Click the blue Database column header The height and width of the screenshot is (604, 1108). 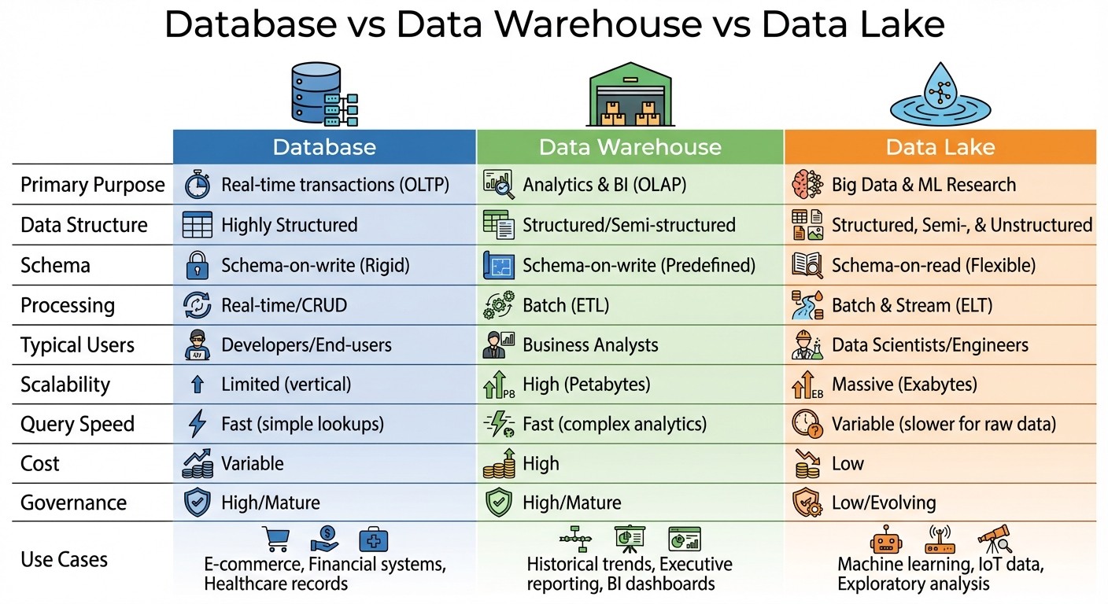324,147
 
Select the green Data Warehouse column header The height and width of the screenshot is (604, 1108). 630,147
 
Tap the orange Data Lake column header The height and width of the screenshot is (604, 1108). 940,147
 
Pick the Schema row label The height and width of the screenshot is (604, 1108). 55,265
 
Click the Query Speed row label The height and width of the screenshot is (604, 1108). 77,424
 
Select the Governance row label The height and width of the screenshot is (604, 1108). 73,503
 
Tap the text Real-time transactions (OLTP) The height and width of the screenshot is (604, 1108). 335,185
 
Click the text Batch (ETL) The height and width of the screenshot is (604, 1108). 566,305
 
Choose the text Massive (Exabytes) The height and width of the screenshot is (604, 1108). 904,385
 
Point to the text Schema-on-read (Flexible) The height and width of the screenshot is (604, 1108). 933,265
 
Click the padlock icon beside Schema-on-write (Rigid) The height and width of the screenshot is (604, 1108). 197,265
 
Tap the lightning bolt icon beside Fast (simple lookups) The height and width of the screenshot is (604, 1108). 197,424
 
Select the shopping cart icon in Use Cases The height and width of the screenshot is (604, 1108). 275,540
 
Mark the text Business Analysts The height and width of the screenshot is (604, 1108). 590,344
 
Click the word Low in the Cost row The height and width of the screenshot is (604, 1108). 848,463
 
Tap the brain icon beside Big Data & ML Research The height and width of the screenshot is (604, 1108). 807,184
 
